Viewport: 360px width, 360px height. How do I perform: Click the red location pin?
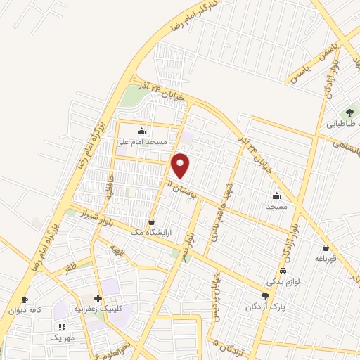181,165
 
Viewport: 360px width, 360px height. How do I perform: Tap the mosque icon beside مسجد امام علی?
142,130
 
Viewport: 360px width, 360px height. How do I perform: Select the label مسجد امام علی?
143,141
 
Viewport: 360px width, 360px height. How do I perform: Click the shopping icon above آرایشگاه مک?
151,222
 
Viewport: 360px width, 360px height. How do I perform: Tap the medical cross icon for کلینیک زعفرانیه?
98,299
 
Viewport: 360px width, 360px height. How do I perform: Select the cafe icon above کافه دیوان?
25,300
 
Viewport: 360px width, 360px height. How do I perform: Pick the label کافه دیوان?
27,310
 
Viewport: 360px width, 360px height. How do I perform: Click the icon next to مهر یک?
62,327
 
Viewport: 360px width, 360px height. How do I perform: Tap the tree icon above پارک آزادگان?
265,297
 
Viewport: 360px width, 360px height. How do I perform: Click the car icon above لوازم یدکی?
283,271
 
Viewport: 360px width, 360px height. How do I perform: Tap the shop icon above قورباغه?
326,247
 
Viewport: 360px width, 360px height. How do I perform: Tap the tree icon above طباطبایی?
349,112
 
